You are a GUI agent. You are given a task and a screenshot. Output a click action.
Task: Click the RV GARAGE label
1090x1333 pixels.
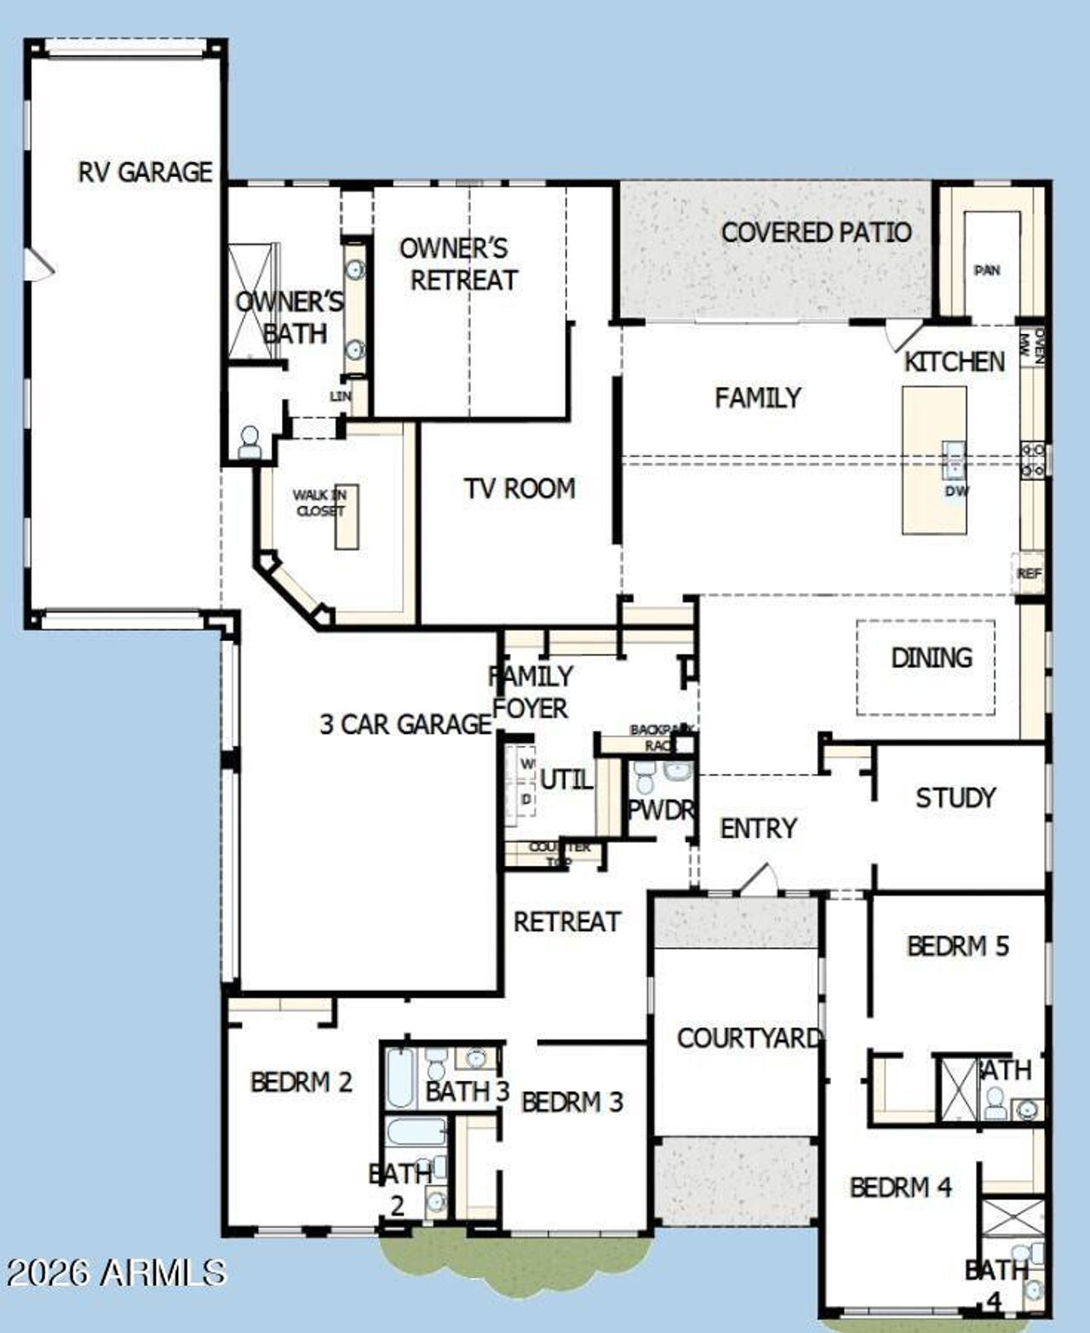(145, 172)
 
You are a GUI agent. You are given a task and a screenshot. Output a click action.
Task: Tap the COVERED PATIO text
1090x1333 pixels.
(816, 232)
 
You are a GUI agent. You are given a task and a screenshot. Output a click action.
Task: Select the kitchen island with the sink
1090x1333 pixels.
(934, 460)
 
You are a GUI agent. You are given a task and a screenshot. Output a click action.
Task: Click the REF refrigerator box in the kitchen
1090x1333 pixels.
(1029, 574)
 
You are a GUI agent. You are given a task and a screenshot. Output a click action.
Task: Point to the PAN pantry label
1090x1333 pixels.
(987, 271)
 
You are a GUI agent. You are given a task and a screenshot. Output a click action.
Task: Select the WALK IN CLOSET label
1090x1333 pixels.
(319, 503)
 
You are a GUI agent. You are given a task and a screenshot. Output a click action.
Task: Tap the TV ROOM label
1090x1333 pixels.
(519, 489)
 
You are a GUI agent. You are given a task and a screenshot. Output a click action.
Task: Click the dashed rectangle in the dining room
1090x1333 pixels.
(926, 667)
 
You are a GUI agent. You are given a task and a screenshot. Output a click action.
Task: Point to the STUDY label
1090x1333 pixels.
(955, 798)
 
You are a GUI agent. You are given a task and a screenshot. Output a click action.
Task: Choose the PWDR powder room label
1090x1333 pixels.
(660, 810)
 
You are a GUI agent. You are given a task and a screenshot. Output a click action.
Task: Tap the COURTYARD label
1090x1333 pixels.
(749, 1038)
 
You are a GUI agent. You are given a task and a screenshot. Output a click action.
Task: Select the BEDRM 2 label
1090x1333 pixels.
(301, 1082)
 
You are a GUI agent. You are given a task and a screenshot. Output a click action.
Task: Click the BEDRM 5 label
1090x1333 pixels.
(957, 946)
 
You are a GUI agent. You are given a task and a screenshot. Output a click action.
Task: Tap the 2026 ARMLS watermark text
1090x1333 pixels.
(115, 1273)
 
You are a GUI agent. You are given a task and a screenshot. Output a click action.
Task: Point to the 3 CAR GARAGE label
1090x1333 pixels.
(405, 724)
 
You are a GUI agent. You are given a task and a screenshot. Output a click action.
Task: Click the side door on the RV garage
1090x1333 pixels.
(38, 264)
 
